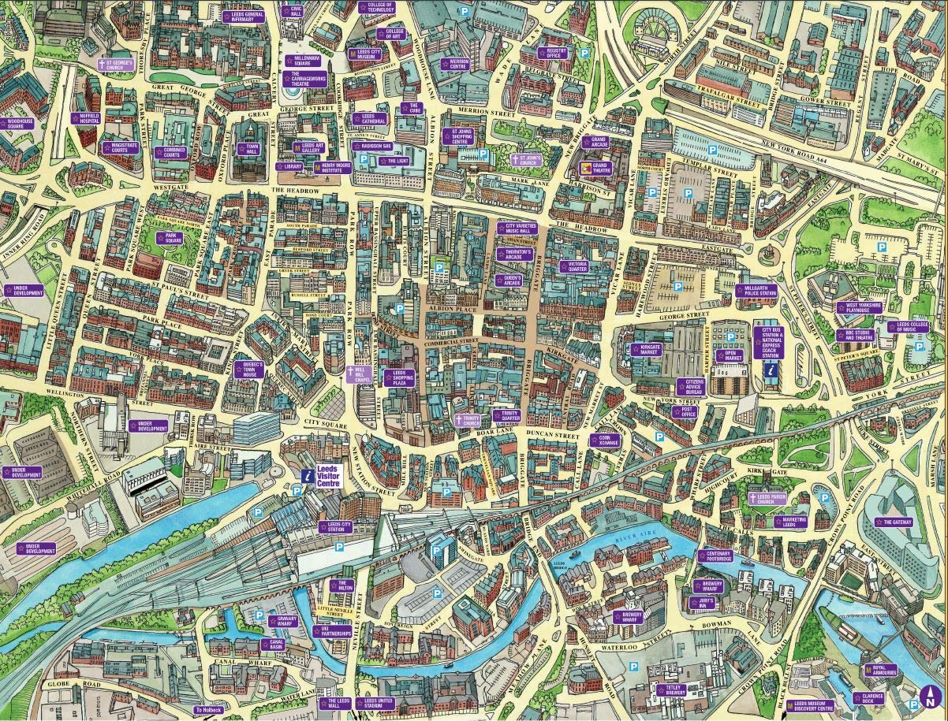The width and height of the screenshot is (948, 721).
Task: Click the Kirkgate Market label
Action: click(645, 349)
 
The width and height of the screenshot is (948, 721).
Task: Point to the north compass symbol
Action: click(930, 697)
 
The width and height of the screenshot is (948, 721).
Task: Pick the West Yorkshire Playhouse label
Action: click(857, 307)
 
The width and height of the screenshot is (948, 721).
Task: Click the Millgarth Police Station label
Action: click(755, 291)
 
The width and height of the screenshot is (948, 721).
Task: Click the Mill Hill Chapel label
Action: click(358, 374)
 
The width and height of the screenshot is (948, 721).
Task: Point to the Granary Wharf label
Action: click(282, 622)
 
